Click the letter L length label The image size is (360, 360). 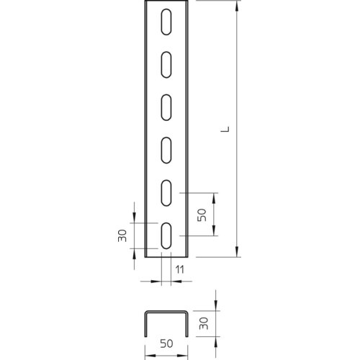click(x=225, y=129)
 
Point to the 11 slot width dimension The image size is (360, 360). click(x=180, y=270)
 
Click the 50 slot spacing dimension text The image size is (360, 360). click(x=202, y=215)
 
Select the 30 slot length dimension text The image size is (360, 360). click(x=122, y=235)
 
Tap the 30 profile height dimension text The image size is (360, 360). click(x=204, y=323)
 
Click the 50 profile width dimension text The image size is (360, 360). click(x=166, y=343)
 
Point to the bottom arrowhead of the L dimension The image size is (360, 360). click(x=237, y=252)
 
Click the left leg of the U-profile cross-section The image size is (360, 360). click(x=145, y=324)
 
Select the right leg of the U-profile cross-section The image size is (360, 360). click(x=187, y=324)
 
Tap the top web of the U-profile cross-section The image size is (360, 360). click(x=166, y=312)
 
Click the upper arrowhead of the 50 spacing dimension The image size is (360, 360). click(x=214, y=198)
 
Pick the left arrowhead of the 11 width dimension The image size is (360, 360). click(x=157, y=281)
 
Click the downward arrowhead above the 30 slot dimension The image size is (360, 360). click(x=134, y=218)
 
